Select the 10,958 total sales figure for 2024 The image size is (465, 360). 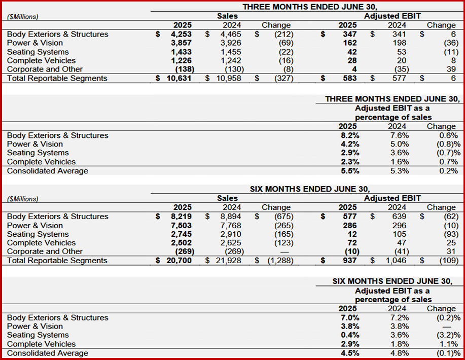click(227, 79)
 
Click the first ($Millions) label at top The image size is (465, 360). click(23, 17)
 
